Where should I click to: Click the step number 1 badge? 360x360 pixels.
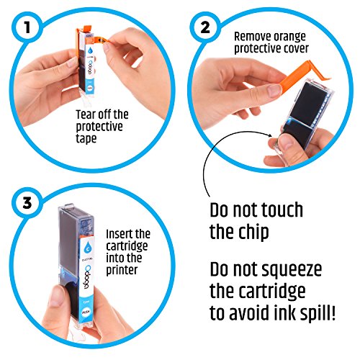point(27,27)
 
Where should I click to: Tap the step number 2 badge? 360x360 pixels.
point(205,27)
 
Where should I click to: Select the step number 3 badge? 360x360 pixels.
point(27,203)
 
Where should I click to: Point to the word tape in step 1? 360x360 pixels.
point(86,138)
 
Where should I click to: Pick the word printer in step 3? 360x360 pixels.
point(122,270)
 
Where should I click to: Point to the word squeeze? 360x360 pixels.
point(292,270)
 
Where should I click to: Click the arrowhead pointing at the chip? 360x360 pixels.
point(270,135)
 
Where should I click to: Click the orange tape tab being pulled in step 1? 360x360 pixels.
point(103,40)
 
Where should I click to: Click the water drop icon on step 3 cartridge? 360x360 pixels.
point(87,247)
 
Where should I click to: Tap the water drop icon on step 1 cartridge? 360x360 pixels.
point(91,50)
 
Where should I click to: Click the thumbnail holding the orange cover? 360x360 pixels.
point(274,91)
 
